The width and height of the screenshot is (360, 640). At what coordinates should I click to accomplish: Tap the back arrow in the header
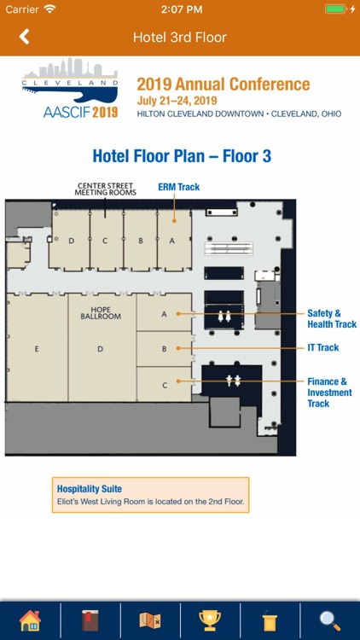click(x=25, y=37)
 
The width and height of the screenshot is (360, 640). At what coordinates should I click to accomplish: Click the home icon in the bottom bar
click(x=30, y=621)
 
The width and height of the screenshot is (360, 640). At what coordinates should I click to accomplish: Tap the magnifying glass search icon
click(x=330, y=621)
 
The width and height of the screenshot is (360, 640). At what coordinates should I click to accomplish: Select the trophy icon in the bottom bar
click(x=210, y=621)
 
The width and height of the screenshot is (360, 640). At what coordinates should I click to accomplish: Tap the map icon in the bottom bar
click(x=150, y=621)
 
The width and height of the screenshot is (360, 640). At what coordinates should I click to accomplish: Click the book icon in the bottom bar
click(x=90, y=621)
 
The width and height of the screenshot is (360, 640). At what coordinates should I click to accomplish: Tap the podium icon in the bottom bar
click(x=270, y=621)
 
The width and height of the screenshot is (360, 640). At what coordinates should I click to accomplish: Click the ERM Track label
click(x=179, y=188)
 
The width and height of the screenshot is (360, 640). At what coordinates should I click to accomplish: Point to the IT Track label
click(x=322, y=348)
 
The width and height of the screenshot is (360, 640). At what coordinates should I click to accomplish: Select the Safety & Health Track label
click(x=332, y=319)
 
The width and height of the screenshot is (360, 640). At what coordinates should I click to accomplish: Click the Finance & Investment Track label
click(x=329, y=393)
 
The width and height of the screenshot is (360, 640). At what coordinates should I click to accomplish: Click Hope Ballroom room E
click(x=37, y=348)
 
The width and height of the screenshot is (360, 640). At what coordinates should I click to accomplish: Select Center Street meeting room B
click(x=141, y=240)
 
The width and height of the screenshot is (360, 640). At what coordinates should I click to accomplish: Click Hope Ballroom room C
click(x=164, y=384)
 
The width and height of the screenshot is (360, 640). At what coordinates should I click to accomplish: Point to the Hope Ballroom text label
click(x=101, y=313)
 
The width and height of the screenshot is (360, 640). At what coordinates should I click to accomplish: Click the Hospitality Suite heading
click(x=90, y=489)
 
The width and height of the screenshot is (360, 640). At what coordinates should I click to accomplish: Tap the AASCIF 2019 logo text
click(x=80, y=112)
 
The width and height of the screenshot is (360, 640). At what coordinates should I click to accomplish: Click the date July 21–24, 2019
click(x=177, y=101)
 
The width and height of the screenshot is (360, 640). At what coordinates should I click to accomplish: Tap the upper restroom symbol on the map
click(x=224, y=317)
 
